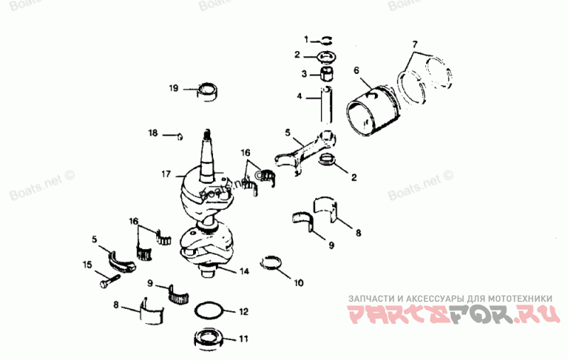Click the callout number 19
[x=173, y=89]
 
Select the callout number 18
[x=153, y=133]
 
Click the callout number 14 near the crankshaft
[x=244, y=271]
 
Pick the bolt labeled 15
[x=105, y=281]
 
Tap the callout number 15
[x=87, y=265]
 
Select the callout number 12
[x=243, y=311]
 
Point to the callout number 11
[x=244, y=339]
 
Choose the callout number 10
[x=299, y=283]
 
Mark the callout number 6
[x=356, y=70]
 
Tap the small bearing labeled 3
[x=328, y=73]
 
